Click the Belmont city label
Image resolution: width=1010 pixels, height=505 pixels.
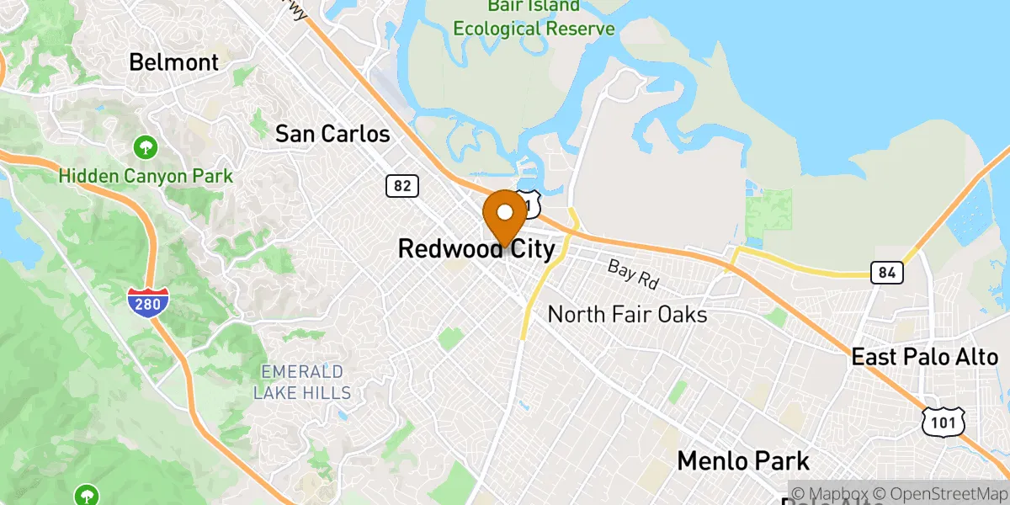(173, 62)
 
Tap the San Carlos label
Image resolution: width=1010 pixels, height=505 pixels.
(332, 134)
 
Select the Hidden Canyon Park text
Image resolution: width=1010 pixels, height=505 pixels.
(146, 177)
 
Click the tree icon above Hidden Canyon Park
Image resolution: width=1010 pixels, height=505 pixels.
(146, 149)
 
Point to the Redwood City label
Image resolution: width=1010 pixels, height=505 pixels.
(476, 249)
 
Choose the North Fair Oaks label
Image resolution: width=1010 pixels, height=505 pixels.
(627, 315)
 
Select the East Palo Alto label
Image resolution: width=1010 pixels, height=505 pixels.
(924, 357)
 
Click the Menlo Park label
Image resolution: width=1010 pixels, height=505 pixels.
(743, 461)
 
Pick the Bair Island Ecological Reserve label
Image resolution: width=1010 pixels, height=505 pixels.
(534, 18)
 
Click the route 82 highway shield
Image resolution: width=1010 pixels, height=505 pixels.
(402, 186)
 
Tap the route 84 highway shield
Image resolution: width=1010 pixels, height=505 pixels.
(887, 273)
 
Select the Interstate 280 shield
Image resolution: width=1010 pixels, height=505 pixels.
(148, 303)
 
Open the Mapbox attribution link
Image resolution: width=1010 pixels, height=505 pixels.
(828, 492)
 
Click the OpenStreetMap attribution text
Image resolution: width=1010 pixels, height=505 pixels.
(939, 492)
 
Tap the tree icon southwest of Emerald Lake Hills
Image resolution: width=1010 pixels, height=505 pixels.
(86, 495)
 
